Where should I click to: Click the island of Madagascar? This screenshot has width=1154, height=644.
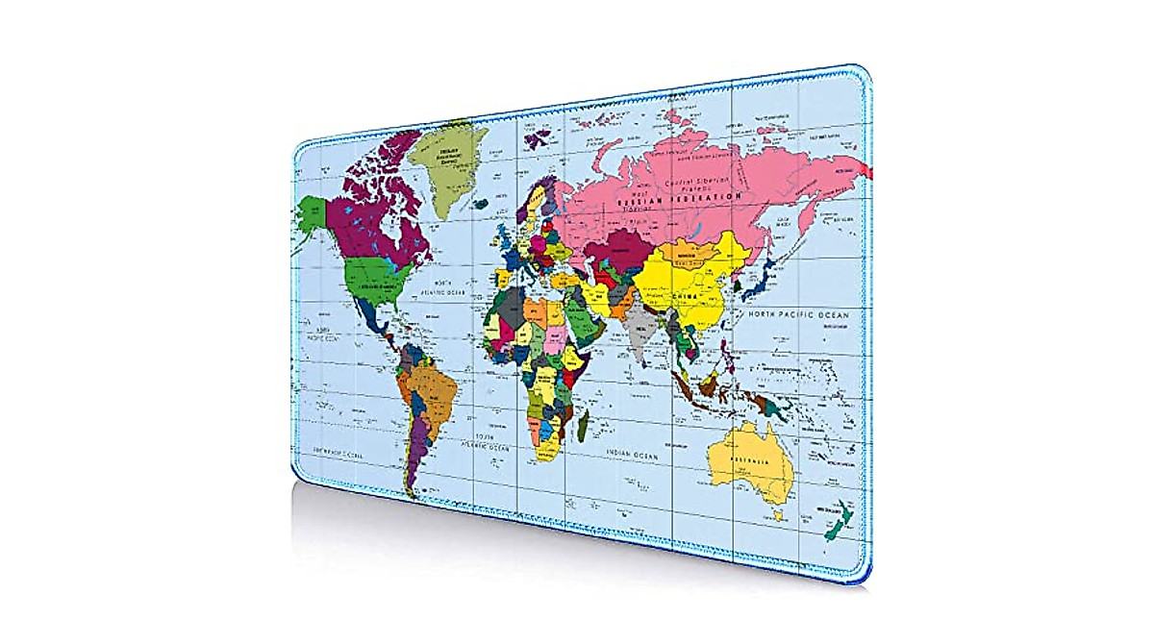583,423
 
